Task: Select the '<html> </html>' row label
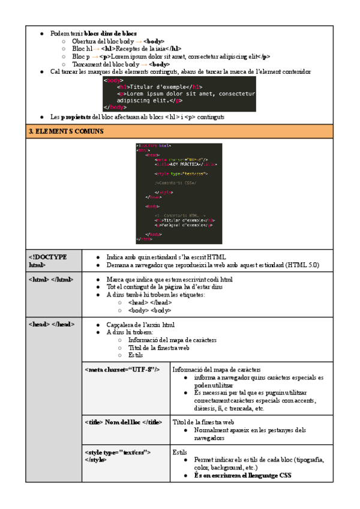click(51, 279)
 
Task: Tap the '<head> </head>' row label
click(51, 325)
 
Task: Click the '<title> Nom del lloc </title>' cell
click(124, 422)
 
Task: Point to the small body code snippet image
click(179, 94)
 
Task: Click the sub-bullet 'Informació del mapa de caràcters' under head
click(172, 340)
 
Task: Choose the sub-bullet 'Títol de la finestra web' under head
click(159, 348)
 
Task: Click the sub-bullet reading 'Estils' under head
click(136, 355)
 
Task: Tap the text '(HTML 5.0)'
click(302, 264)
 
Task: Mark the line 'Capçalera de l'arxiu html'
click(141, 325)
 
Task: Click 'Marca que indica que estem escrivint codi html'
click(169, 279)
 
